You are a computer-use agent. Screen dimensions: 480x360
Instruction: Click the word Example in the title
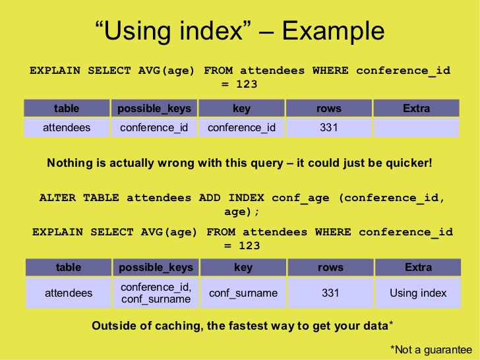(333, 32)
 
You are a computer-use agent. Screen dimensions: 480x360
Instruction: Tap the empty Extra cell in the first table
(416, 127)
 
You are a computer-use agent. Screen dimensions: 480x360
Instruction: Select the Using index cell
(418, 293)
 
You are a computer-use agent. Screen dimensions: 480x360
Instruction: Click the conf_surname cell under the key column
(243, 293)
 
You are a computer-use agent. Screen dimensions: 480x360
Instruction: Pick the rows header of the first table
(329, 108)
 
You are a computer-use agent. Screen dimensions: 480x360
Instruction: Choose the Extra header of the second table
(418, 267)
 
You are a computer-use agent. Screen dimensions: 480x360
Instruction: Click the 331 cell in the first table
(329, 127)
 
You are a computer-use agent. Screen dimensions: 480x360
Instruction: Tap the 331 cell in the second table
(330, 293)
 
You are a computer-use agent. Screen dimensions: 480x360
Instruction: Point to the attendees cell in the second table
(69, 293)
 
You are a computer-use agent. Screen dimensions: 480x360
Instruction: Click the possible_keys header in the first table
(154, 108)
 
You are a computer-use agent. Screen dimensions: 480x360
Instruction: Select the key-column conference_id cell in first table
(241, 127)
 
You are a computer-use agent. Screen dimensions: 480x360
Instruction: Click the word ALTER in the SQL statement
(57, 197)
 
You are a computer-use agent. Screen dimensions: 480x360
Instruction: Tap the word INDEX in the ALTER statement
(246, 197)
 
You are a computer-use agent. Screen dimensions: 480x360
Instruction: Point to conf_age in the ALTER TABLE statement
(301, 198)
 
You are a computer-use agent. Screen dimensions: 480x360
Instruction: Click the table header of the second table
(69, 267)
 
